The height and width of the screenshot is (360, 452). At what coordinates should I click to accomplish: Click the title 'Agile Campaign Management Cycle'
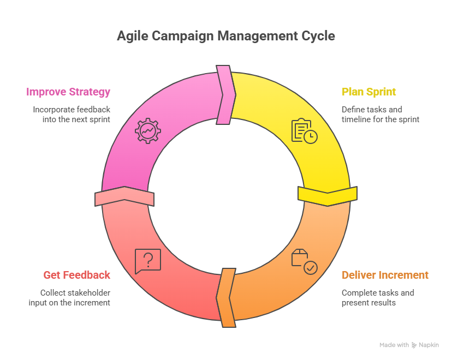tap(225, 37)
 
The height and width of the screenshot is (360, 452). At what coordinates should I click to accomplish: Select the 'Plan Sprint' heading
tap(368, 92)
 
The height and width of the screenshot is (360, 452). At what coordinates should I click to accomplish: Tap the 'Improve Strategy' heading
tap(68, 92)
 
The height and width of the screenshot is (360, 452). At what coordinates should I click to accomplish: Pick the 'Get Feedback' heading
tap(76, 275)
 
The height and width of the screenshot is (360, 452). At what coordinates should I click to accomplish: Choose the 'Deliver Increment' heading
tap(385, 275)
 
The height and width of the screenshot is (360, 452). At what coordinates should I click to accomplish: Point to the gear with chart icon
tap(147, 131)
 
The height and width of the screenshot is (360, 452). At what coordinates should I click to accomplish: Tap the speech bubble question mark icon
tap(147, 261)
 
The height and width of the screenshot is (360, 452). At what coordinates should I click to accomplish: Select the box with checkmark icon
tap(304, 262)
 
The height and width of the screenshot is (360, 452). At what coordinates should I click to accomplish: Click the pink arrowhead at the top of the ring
tap(225, 95)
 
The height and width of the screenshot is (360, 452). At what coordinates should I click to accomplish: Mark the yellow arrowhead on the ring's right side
tap(328, 195)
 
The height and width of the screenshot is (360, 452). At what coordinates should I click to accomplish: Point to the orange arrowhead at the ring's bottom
tap(226, 298)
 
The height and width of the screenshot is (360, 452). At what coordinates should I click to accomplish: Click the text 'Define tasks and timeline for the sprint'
tap(380, 114)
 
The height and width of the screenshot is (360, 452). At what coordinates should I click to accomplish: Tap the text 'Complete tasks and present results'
tap(378, 297)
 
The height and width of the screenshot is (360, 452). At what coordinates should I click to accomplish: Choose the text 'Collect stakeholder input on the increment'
tap(69, 297)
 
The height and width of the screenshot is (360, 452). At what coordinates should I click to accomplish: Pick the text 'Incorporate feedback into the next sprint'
tap(71, 114)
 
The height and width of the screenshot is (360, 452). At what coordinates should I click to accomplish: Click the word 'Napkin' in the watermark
tap(430, 345)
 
